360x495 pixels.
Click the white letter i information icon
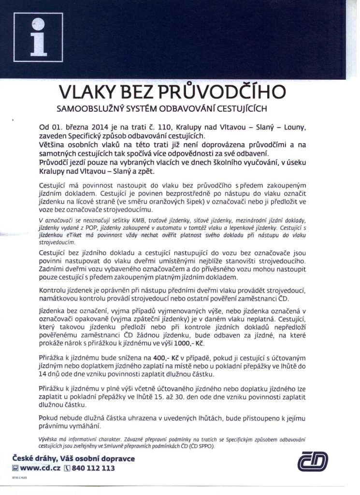(39, 39)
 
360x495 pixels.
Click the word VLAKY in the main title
(87, 91)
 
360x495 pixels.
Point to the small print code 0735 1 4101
(20, 477)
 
